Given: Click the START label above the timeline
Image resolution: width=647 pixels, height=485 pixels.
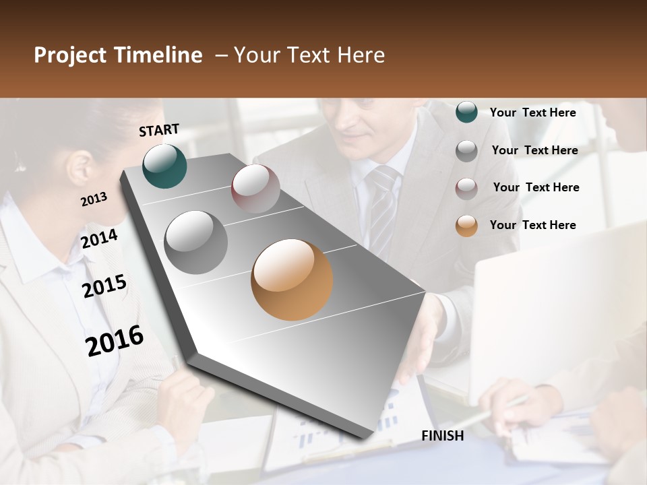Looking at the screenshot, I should pos(159,130).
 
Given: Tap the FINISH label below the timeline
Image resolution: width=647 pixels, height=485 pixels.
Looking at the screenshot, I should pos(442,436).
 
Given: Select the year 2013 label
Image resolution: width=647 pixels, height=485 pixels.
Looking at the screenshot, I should pos(94,199).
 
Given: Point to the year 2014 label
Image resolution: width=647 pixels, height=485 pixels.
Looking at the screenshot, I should pos(100,239).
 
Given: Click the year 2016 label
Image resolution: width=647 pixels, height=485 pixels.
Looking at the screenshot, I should pos(115,341).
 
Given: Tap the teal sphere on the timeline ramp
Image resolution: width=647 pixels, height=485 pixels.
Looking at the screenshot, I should pos(164,166).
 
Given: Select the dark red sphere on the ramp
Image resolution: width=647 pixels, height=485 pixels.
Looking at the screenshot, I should pos(255,189).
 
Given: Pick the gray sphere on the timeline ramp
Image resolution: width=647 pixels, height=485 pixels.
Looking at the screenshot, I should pos(196,242).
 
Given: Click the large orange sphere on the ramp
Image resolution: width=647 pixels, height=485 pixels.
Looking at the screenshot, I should pos(292,280).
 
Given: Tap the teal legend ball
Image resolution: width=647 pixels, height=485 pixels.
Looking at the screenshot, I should pos(466,112).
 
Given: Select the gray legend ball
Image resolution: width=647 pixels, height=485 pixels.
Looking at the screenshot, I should pos(466,151).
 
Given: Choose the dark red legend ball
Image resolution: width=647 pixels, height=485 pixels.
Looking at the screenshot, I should pos(466,189).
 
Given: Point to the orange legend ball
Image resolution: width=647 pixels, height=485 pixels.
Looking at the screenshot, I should pos(466,226).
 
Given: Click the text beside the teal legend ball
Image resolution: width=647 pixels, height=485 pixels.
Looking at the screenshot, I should pos(532,112).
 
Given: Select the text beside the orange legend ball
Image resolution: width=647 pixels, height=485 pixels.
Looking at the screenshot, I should pos(532,225).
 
